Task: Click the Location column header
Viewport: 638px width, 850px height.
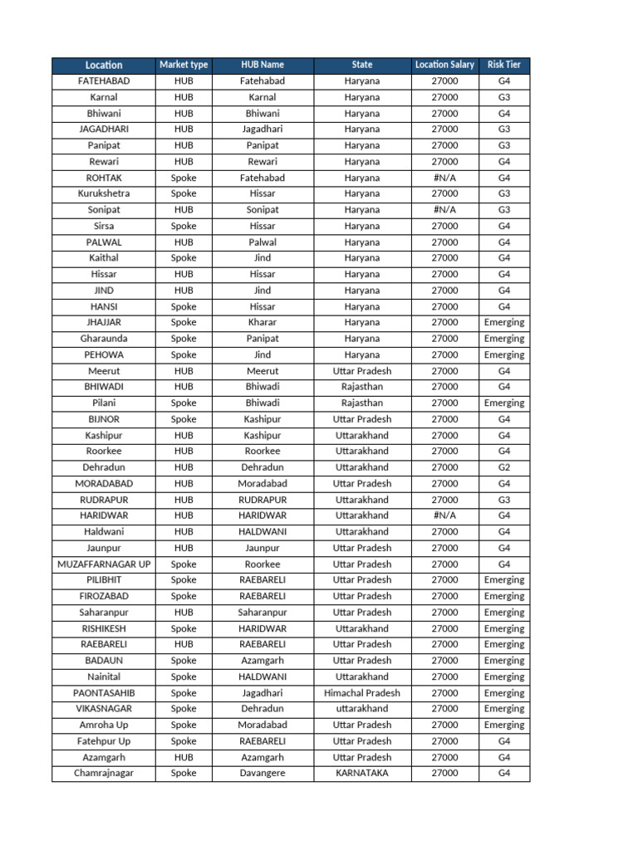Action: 104,65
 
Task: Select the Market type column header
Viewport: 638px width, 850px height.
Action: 184,65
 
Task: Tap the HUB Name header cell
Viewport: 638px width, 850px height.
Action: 263,65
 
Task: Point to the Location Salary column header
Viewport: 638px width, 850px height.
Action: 444,65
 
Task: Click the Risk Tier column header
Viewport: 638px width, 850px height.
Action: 504,65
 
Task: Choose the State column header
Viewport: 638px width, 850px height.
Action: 362,65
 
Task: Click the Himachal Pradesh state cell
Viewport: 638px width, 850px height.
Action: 362,693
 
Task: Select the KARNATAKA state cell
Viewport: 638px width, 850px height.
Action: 362,774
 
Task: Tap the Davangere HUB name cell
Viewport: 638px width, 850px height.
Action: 263,774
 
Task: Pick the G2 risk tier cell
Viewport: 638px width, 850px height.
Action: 504,467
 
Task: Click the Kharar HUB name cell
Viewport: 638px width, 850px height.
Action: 263,322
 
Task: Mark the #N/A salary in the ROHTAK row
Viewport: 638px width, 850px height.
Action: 444,178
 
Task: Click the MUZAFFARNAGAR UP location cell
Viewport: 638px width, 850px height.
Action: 104,564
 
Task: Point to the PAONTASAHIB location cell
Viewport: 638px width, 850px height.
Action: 104,693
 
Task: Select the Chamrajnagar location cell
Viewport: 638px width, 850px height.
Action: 104,774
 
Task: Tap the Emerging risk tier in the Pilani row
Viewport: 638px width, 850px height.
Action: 504,403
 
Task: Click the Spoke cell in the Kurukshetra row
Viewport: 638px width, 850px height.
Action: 184,193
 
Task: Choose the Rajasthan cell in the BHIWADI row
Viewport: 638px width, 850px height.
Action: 362,387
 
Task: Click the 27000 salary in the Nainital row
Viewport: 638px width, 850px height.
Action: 444,677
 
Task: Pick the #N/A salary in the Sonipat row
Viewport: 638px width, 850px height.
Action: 444,210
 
